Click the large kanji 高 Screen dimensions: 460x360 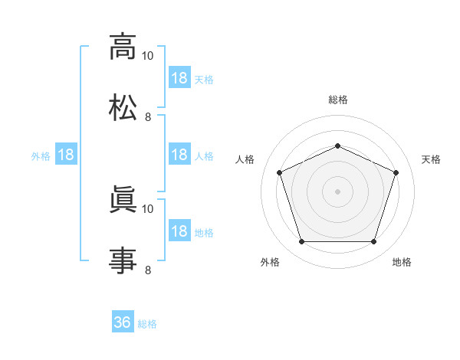point(123,47)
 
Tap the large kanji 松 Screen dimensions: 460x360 point(123,107)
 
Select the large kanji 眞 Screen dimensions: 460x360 point(123,199)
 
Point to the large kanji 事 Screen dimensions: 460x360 point(123,260)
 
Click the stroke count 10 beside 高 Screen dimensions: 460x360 point(147,56)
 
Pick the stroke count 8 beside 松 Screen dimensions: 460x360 point(148,117)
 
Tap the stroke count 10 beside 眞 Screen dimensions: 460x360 point(147,209)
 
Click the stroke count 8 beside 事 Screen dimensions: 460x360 point(148,270)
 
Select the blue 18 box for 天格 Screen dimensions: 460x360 point(179,77)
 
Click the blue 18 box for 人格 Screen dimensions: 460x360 point(179,154)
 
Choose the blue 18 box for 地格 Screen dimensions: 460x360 point(179,230)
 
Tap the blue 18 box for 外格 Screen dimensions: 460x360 point(66,154)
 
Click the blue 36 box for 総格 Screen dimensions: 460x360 point(123,321)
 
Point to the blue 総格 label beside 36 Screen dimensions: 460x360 point(147,324)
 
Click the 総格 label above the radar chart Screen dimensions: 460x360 point(338,100)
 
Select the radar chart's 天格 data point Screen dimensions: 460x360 point(396,172)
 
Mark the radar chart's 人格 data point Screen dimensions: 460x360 point(280,172)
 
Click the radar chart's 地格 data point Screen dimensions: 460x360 point(373,241)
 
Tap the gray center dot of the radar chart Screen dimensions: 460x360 point(337,191)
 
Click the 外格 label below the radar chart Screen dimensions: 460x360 point(270,262)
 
